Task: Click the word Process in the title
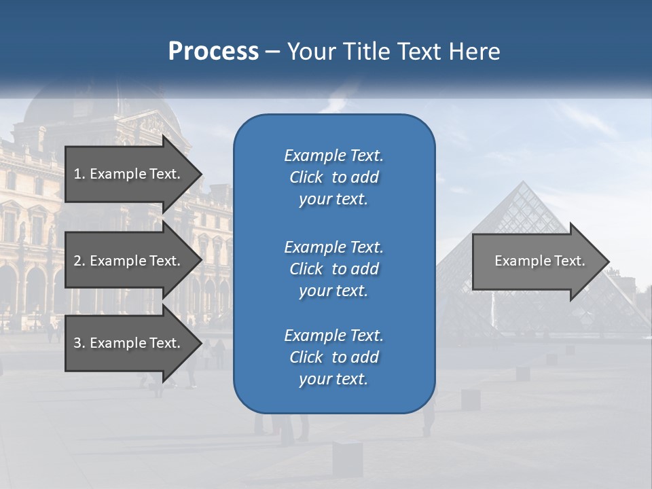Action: [213, 52]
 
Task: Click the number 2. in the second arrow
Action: [79, 261]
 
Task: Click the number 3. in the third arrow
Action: [79, 343]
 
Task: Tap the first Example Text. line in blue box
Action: [333, 156]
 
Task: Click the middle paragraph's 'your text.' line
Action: [333, 291]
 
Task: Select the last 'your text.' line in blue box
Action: [333, 379]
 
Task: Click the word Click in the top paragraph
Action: [306, 177]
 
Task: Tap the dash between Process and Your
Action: [273, 52]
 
